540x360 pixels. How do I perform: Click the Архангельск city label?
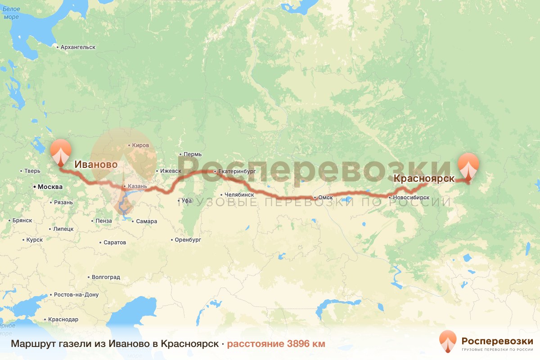(78, 47)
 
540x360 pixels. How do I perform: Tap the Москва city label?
(50, 186)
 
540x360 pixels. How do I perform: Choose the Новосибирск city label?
(409, 198)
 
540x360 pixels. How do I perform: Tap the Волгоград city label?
(106, 277)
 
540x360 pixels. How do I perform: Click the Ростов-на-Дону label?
(76, 295)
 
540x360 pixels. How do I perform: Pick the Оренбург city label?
(188, 240)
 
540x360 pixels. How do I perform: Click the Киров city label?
(140, 145)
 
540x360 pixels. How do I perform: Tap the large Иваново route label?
(96, 165)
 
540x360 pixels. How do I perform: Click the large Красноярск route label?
(424, 178)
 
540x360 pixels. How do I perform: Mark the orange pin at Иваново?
(61, 153)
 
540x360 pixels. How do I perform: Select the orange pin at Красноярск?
(468, 166)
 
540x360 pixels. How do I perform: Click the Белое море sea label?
(11, 13)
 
